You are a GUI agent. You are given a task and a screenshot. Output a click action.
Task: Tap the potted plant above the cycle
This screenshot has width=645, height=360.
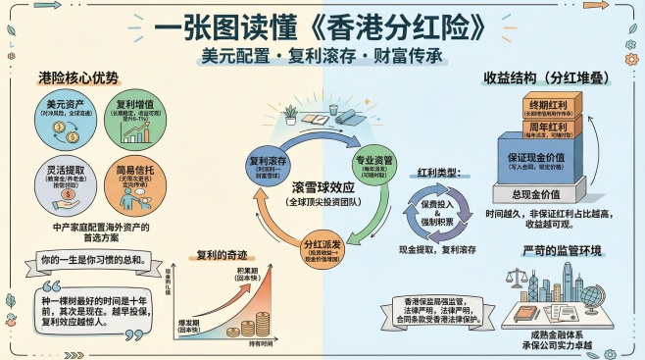[x=290, y=115]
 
